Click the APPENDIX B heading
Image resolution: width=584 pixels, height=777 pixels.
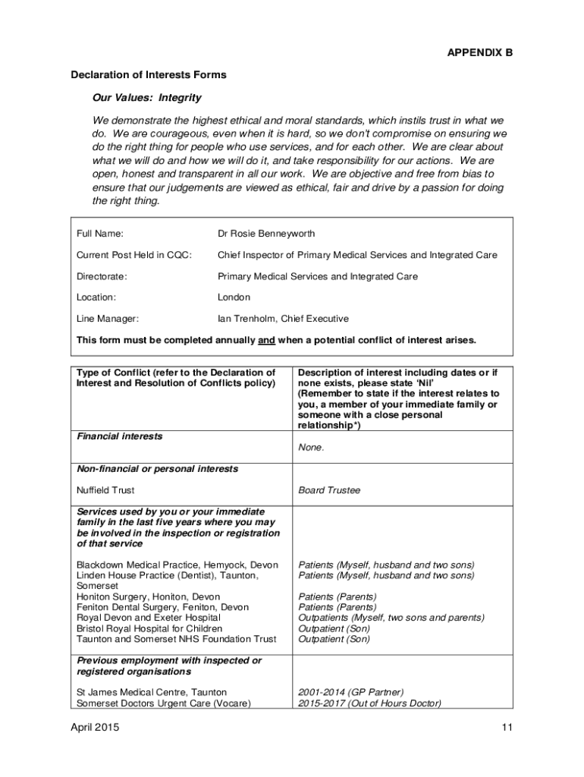pos(479,53)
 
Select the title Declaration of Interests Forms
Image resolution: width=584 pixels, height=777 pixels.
pos(149,75)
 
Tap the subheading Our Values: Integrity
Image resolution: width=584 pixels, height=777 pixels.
pos(147,98)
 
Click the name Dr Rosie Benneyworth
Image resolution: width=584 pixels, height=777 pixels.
pos(266,234)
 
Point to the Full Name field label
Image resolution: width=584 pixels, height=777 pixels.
pos(100,234)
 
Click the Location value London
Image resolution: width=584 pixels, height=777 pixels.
pos(234,297)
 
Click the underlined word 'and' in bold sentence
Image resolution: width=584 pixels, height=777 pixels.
pos(266,340)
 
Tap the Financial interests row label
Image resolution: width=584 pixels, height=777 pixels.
pos(120,436)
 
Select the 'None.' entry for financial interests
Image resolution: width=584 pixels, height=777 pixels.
pos(311,447)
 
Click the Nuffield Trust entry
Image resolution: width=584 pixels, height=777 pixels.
pos(105,490)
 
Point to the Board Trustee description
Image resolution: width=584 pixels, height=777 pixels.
pos(329,490)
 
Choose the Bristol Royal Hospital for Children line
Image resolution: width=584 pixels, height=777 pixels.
pos(149,628)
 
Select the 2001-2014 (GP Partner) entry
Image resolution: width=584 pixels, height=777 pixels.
pos(351,692)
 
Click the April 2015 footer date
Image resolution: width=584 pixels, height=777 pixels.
pos(95,728)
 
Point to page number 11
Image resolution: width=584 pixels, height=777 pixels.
pos(507,728)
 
